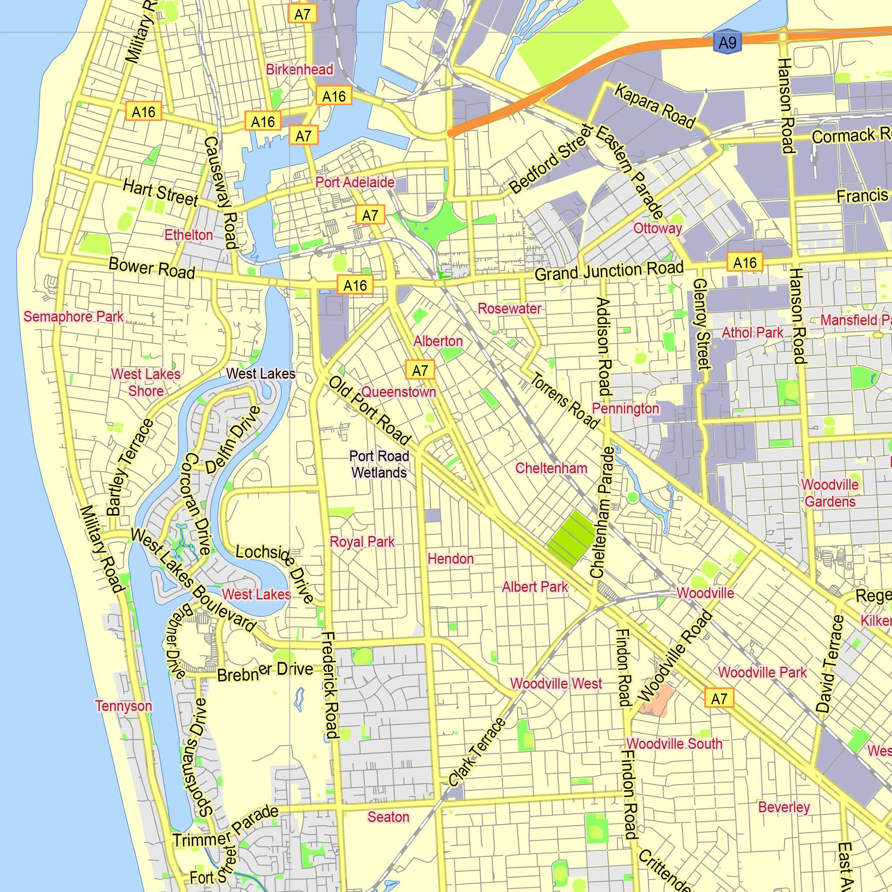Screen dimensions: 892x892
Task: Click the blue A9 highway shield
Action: click(727, 42)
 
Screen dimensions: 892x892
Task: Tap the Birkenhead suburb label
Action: click(299, 70)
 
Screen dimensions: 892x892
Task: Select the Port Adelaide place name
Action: click(355, 182)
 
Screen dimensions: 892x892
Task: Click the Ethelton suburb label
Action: click(188, 235)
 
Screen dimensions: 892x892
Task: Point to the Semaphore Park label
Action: click(74, 317)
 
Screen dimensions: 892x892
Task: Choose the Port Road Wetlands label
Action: click(379, 464)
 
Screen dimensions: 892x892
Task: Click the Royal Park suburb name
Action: click(362, 541)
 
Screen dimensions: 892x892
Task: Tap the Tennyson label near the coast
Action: click(123, 706)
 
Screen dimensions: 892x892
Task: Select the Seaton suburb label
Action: click(388, 817)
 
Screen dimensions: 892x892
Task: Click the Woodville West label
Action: click(556, 683)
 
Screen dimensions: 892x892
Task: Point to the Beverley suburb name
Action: click(784, 807)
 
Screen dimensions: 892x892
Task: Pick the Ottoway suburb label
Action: click(657, 228)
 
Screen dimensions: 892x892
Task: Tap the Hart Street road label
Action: click(160, 193)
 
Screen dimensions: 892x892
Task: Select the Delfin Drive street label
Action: click(233, 440)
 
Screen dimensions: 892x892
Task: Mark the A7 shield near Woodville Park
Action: click(719, 698)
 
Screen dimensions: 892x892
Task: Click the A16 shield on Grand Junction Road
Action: click(745, 263)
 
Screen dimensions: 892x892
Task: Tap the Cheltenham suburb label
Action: click(551, 468)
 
